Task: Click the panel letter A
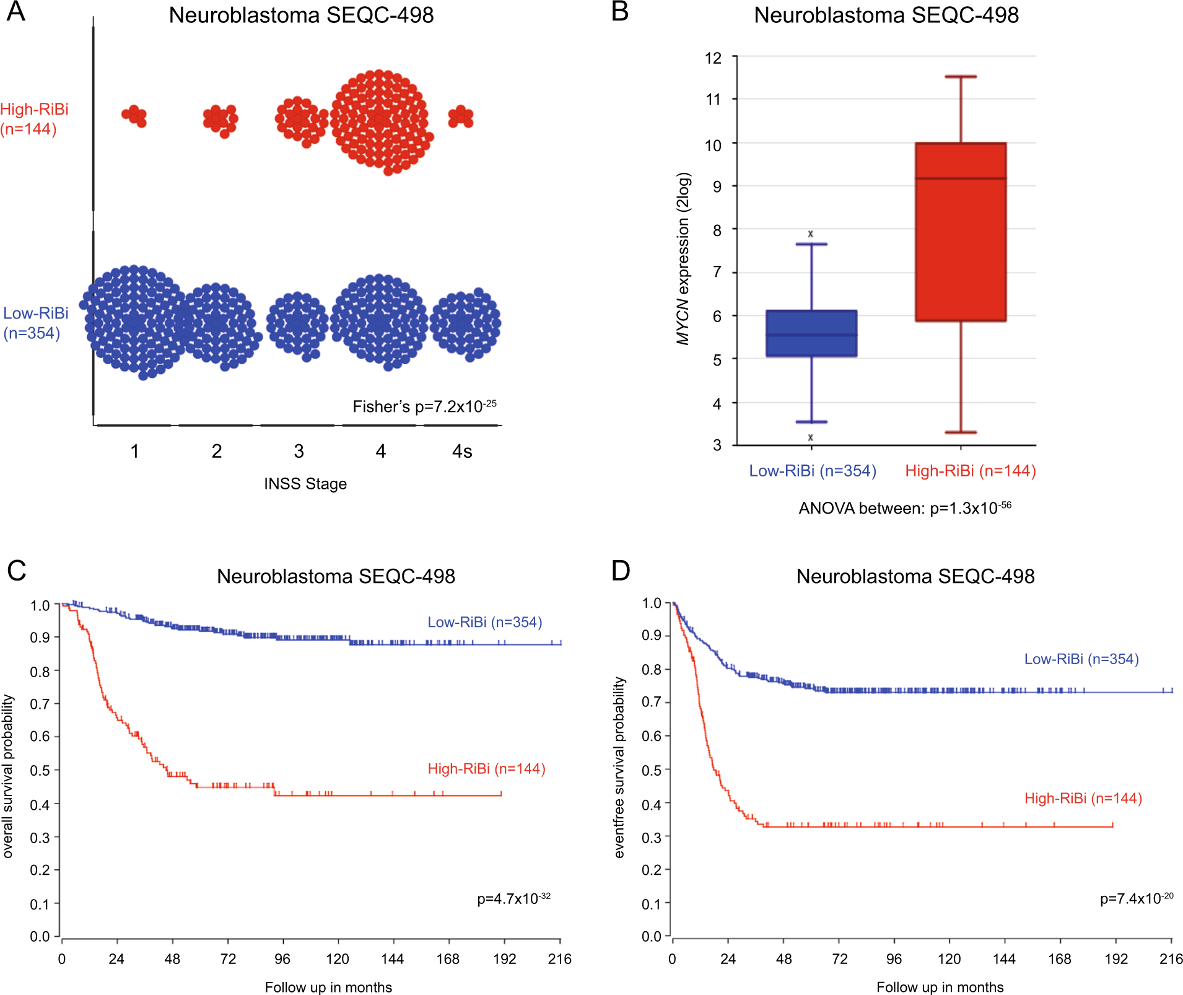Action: (16, 12)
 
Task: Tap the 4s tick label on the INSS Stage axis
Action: (462, 451)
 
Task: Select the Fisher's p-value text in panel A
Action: (424, 406)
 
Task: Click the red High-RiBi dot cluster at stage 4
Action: (380, 121)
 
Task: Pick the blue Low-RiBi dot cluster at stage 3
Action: (297, 323)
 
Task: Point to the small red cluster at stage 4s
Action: (461, 116)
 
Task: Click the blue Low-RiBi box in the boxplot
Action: (811, 333)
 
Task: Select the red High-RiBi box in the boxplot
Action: (961, 232)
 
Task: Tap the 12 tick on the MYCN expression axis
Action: (714, 58)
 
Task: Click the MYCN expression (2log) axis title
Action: (683, 258)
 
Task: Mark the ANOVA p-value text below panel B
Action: (905, 508)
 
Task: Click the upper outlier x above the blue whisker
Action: (811, 234)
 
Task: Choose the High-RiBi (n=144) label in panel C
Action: (486, 769)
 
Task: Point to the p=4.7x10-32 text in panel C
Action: (513, 898)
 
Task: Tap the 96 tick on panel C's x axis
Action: (282, 959)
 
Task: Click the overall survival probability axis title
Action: (8, 776)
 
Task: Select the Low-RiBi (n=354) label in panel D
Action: (1081, 659)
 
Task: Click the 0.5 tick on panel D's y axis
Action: (652, 770)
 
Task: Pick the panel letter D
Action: (621, 571)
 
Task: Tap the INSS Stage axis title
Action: (305, 484)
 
